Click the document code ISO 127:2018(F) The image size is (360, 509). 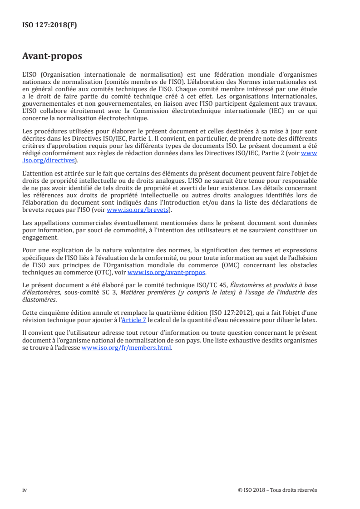(x=49, y=25)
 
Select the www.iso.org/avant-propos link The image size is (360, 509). (x=167, y=273)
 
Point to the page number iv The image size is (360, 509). (x=25, y=490)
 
